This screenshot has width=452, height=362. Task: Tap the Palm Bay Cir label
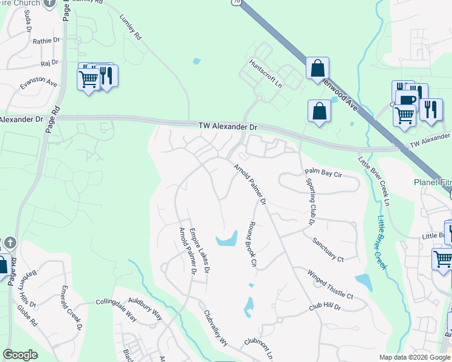(x=324, y=173)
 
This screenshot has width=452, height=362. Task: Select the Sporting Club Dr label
(x=310, y=202)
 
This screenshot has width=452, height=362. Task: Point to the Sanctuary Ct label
(x=328, y=250)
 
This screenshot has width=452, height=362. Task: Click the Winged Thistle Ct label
(x=330, y=284)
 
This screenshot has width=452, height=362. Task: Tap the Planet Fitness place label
(x=432, y=182)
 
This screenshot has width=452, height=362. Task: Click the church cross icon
(x=9, y=243)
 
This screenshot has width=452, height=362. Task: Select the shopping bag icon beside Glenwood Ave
(x=317, y=69)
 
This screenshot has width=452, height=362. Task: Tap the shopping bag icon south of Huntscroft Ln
(x=319, y=111)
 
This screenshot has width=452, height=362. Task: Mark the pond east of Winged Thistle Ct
(x=364, y=282)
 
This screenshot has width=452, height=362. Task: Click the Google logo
(x=20, y=355)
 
